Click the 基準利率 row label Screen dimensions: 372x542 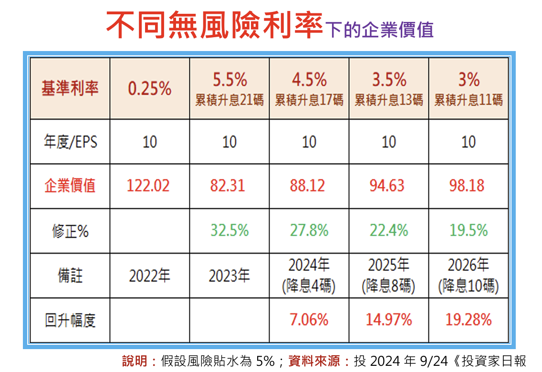tap(70, 89)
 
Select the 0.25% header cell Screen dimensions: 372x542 tap(149, 89)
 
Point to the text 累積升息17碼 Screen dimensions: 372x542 tap(309, 101)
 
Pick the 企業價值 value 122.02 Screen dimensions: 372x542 tap(148, 186)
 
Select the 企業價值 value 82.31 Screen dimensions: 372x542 tap(228, 186)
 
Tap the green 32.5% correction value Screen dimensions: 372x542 tap(229, 231)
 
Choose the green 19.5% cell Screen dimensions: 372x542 tap(469, 231)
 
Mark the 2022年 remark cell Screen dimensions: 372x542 tap(149, 276)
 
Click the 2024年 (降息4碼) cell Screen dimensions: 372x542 tap(309, 276)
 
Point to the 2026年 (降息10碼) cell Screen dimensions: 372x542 tap(469, 276)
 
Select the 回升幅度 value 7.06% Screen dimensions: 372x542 tap(309, 320)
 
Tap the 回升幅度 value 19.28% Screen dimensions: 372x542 tap(469, 320)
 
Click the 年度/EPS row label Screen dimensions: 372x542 tap(70, 142)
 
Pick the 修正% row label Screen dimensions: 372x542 tap(70, 231)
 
